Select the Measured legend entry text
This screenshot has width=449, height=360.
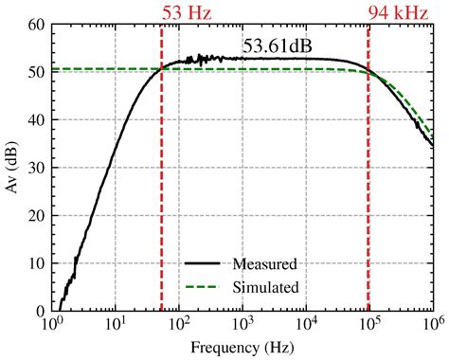[269, 263]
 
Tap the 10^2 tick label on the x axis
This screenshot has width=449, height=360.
[179, 324]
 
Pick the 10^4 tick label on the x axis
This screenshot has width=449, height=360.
[306, 324]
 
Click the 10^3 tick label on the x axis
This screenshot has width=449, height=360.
[242, 324]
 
